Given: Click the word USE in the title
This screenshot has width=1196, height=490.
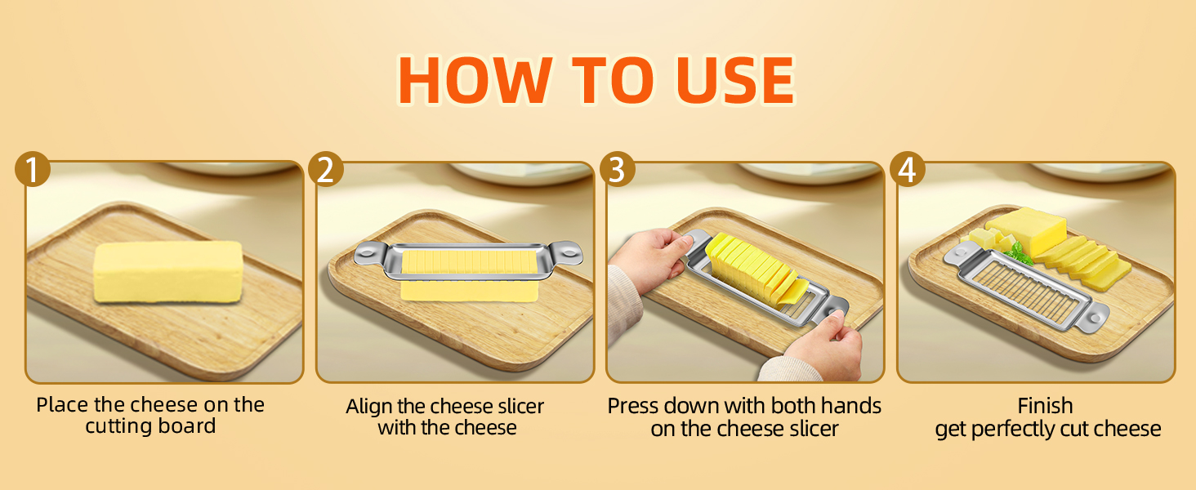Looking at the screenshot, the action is coord(736,80).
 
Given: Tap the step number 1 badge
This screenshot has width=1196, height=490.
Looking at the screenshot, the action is coord(33,170).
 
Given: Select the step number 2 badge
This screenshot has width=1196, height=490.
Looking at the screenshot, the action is coord(325,170).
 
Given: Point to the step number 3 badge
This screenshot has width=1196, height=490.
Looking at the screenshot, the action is coord(618,170).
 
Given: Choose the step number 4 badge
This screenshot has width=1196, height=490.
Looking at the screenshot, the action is coord(907,170).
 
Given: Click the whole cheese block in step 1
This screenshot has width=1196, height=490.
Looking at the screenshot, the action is coord(168,272).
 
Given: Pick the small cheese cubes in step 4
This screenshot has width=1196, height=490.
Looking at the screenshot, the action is coord(988,239).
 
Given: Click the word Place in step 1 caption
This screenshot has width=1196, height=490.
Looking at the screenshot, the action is coord(62,405).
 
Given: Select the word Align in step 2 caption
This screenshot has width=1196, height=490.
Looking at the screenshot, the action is coord(369,407).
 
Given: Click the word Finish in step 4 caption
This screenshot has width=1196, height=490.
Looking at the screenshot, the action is coord(1045,406).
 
